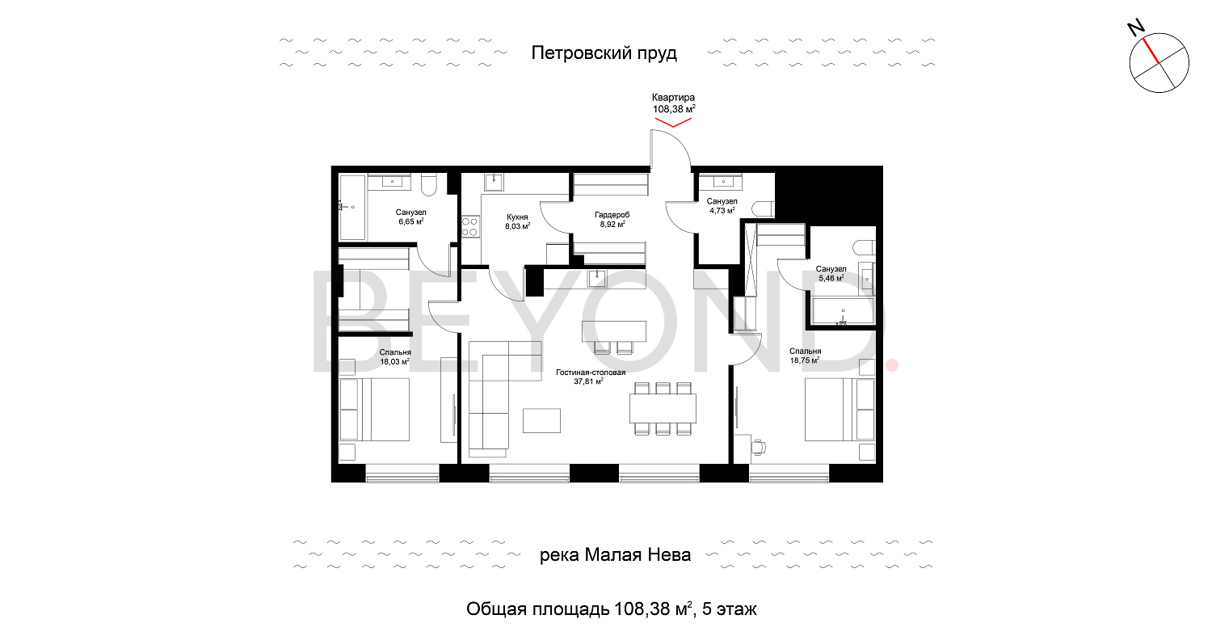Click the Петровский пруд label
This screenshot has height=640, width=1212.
[x=604, y=53]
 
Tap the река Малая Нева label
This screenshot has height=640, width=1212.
[x=615, y=554]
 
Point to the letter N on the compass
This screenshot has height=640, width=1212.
[x=1135, y=28]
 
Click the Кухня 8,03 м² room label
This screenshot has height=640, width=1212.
[x=517, y=221]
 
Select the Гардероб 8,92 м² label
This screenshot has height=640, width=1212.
[x=612, y=220]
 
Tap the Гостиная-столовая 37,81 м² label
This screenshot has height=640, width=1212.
[x=591, y=377]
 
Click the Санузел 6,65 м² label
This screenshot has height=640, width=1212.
[x=410, y=217]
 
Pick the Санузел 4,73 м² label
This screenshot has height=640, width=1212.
[x=722, y=206]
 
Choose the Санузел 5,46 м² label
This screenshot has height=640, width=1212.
[x=831, y=274]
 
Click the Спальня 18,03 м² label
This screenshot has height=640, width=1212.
[x=394, y=357]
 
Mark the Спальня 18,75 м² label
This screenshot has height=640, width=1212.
[x=805, y=356]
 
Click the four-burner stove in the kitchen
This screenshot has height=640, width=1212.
[x=470, y=226]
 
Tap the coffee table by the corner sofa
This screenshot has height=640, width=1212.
[x=541, y=420]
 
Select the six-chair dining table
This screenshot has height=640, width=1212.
[x=663, y=408]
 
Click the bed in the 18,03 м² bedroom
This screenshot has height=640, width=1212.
[x=374, y=410]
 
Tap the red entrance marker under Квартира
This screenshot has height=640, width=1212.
[x=673, y=122]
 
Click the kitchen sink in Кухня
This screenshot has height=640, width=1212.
[x=494, y=183]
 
